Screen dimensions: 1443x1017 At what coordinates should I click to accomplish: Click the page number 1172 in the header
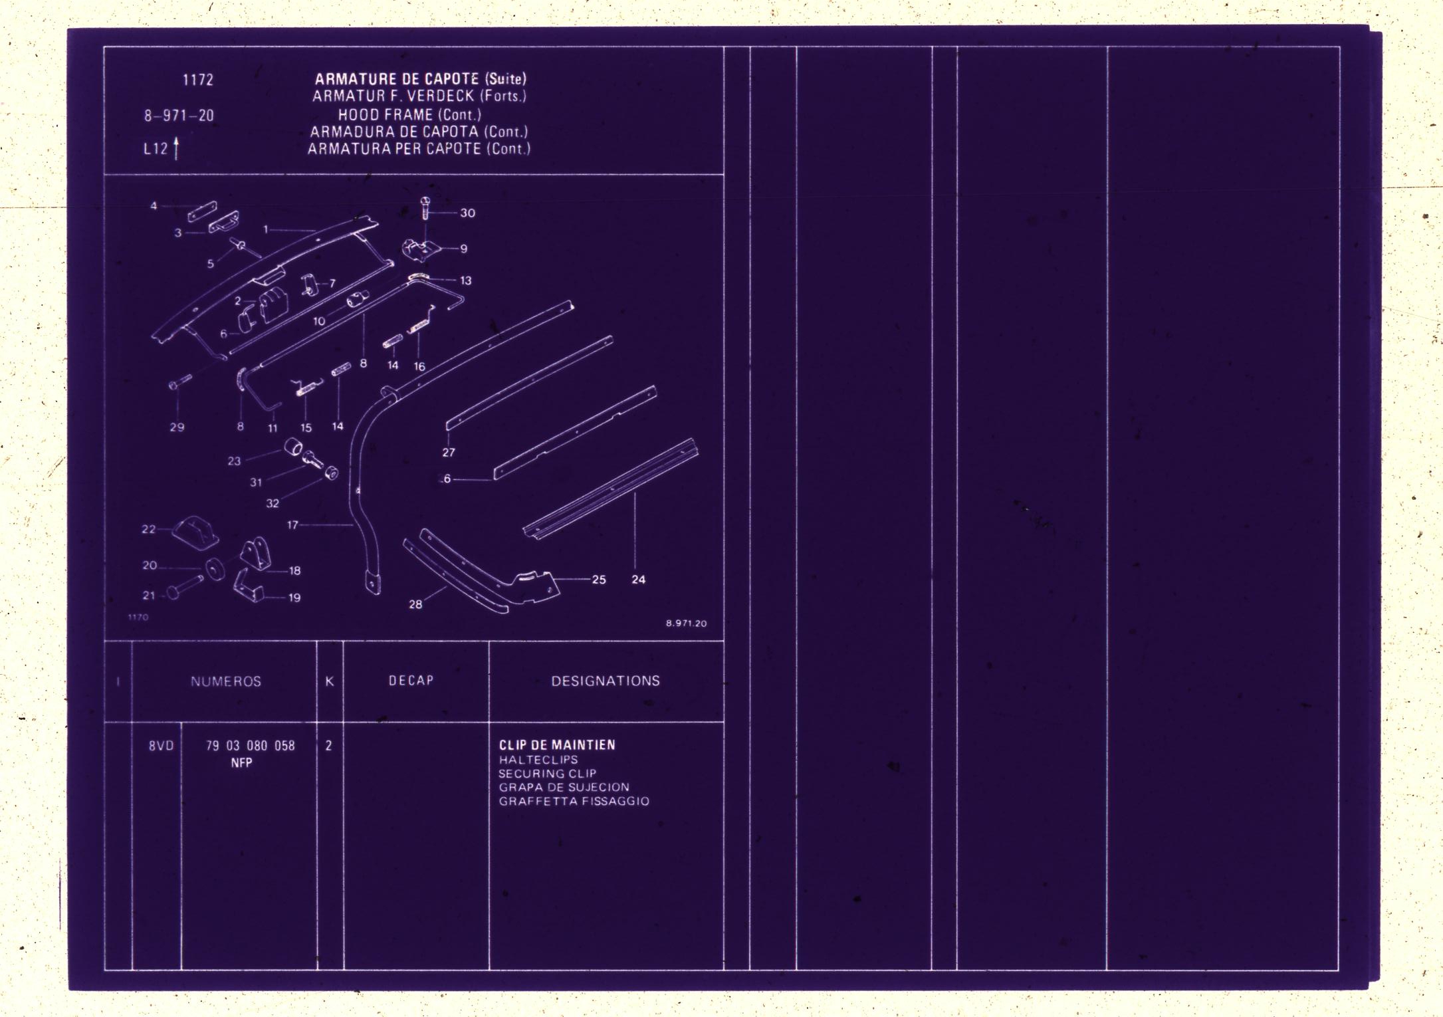click(x=198, y=80)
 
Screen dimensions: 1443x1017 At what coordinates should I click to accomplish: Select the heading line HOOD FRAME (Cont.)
click(x=409, y=114)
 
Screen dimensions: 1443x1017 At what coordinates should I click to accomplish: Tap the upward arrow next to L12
click(x=176, y=148)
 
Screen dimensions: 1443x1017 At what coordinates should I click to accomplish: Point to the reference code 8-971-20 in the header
click(x=179, y=116)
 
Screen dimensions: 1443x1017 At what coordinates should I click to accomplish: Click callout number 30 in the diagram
click(x=468, y=213)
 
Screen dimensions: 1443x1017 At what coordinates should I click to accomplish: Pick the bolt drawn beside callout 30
click(x=425, y=208)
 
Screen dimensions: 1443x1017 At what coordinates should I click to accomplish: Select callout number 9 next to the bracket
click(x=464, y=249)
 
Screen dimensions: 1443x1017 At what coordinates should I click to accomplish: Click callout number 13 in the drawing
click(x=466, y=281)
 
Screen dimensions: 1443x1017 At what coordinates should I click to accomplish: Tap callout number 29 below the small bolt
click(x=177, y=427)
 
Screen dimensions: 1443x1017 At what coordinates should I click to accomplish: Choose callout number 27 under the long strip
click(x=449, y=452)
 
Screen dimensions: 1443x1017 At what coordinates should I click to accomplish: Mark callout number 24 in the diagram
click(x=638, y=580)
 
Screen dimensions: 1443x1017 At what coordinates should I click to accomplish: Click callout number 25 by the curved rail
click(x=599, y=580)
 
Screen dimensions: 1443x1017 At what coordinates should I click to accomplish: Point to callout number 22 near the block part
click(x=149, y=529)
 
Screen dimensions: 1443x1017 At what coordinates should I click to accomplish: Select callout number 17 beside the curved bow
click(x=292, y=525)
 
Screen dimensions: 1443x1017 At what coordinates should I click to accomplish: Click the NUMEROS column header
click(x=226, y=681)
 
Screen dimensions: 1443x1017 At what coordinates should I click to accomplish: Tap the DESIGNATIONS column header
click(x=606, y=681)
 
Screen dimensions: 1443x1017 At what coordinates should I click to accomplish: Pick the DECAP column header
click(x=411, y=681)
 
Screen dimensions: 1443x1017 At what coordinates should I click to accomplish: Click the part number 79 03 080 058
click(x=251, y=746)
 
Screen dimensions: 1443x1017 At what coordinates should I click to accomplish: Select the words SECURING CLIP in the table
click(x=548, y=774)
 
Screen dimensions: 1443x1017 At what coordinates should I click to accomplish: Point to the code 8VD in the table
click(x=162, y=746)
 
